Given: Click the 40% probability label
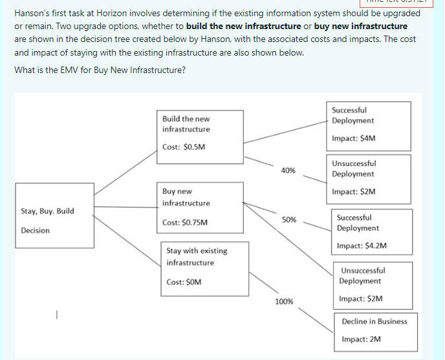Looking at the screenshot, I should (x=288, y=171).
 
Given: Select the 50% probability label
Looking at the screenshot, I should (x=288, y=220).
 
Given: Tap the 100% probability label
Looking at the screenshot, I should (x=284, y=301).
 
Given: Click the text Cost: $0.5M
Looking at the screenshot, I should (x=184, y=147).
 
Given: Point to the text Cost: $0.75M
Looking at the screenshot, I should (x=186, y=222).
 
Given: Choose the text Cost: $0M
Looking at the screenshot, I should (x=184, y=282).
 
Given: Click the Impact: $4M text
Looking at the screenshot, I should (x=353, y=138).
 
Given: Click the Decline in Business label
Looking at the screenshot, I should (x=374, y=321).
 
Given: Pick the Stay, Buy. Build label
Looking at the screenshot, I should (x=47, y=211).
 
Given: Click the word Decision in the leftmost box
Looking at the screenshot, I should (x=35, y=230).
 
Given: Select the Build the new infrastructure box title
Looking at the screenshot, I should (x=186, y=124).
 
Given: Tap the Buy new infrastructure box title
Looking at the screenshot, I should (x=186, y=197).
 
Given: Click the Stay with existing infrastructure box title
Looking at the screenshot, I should (x=197, y=257).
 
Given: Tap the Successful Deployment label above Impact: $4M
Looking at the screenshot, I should (x=353, y=115).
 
